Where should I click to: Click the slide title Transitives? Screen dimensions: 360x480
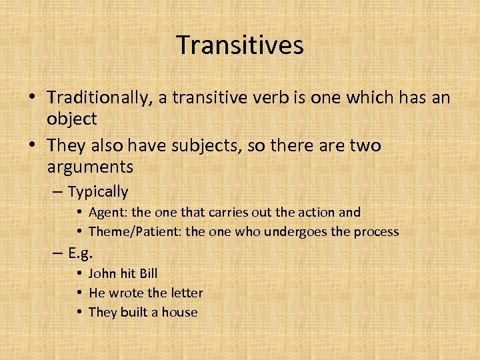click(x=240, y=45)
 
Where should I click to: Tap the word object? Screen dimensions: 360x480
click(x=72, y=119)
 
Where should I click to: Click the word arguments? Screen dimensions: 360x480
click(x=90, y=167)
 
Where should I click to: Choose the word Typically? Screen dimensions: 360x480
click(x=97, y=192)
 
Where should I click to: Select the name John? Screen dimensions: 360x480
click(x=102, y=273)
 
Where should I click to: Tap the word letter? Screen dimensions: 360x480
click(x=187, y=293)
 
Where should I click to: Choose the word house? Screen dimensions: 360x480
click(x=180, y=312)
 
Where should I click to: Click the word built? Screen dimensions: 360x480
click(x=135, y=312)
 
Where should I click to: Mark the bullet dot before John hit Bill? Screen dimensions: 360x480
click(x=79, y=273)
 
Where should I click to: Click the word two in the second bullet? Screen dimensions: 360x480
click(x=365, y=145)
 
